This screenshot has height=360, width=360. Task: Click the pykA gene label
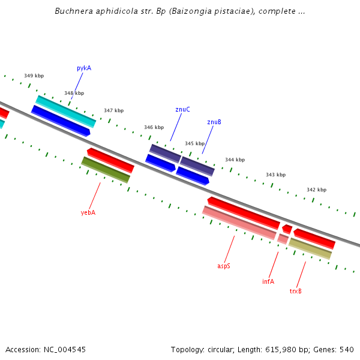tap(84, 68)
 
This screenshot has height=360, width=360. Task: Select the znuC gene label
tap(182, 109)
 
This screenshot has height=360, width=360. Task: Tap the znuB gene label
tap(214, 122)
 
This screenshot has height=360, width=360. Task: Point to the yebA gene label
tap(88, 212)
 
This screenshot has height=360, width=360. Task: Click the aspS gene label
tap(224, 265)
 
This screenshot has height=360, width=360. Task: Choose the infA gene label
tap(268, 281)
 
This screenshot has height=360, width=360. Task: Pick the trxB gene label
tap(296, 291)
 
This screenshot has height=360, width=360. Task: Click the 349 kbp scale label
tap(34, 76)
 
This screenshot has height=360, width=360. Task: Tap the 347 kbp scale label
tap(113, 110)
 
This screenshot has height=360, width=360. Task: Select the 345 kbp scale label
tap(194, 144)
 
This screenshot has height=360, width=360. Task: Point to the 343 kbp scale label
tap(275, 175)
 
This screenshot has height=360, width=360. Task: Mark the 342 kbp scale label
tap(316, 190)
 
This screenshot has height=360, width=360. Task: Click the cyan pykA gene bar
tap(65, 111)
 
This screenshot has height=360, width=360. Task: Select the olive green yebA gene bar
tap(106, 170)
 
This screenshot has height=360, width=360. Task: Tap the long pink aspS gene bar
tap(239, 223)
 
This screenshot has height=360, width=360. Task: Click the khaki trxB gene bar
tap(310, 248)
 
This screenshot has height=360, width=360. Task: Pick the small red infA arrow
tap(287, 229)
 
